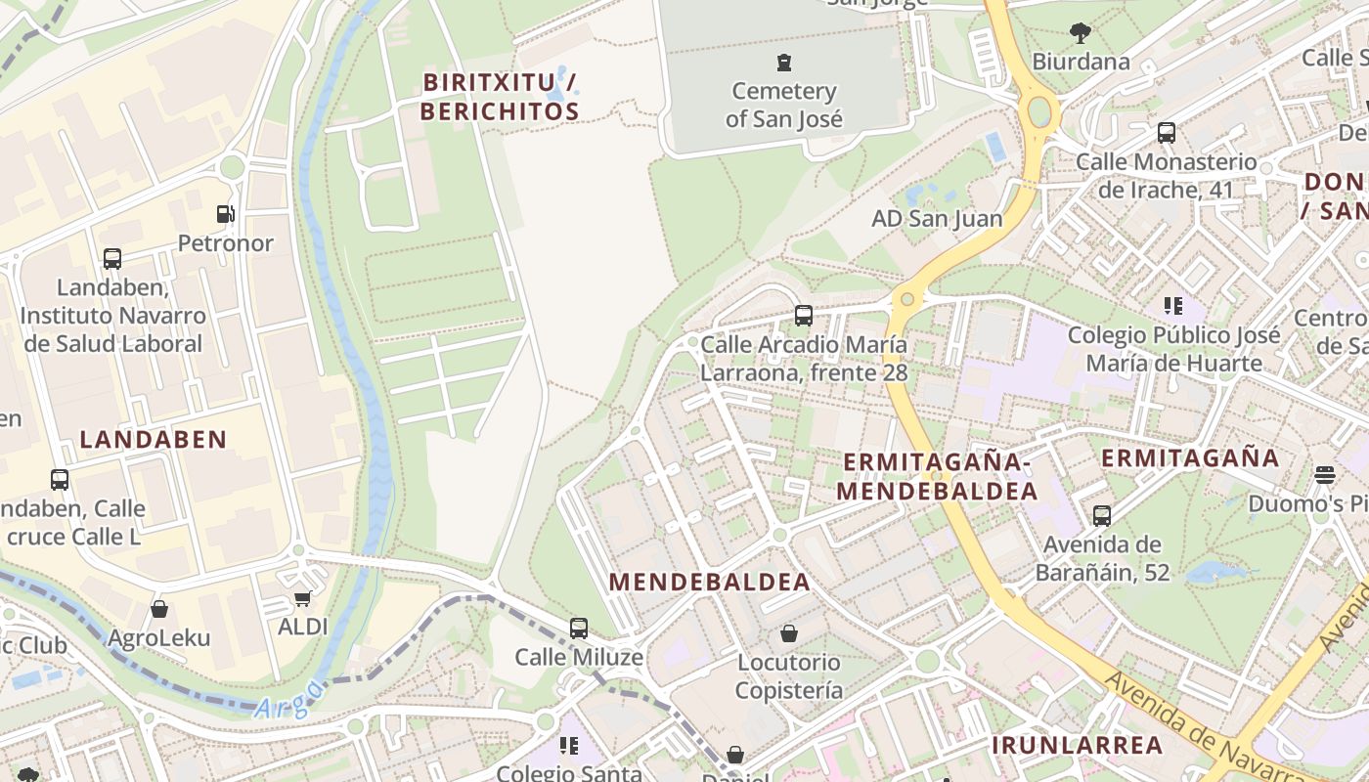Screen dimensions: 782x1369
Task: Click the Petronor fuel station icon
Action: pos(226,214)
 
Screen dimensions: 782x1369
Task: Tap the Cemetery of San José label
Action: pos(783,106)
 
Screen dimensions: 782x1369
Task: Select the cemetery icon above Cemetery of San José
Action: pos(783,64)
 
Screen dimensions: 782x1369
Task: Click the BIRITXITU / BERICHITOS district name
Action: pos(500,97)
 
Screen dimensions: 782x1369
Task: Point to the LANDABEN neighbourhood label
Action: pos(154,440)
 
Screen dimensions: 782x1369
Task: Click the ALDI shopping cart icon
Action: pos(303,598)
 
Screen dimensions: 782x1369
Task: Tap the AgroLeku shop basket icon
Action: pos(159,610)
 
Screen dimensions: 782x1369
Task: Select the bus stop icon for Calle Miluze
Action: pos(579,629)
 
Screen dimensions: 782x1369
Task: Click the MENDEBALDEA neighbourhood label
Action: pos(710,583)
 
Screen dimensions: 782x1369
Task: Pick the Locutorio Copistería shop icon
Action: pos(789,633)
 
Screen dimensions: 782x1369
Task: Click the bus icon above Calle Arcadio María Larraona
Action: pos(804,316)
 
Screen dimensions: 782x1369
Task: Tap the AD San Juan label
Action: pos(937,218)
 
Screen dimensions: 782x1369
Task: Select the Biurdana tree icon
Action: pos(1081,33)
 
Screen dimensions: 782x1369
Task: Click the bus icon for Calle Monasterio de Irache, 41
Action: pos(1166,133)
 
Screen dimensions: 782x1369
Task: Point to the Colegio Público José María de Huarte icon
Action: pos(1173,306)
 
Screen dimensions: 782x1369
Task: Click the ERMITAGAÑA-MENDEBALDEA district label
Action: pos(937,476)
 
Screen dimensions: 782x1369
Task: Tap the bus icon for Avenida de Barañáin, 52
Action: pos(1102,515)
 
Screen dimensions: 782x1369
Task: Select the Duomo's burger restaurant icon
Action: pos(1325,475)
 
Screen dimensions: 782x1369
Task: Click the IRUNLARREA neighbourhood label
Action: pos(1078,745)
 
